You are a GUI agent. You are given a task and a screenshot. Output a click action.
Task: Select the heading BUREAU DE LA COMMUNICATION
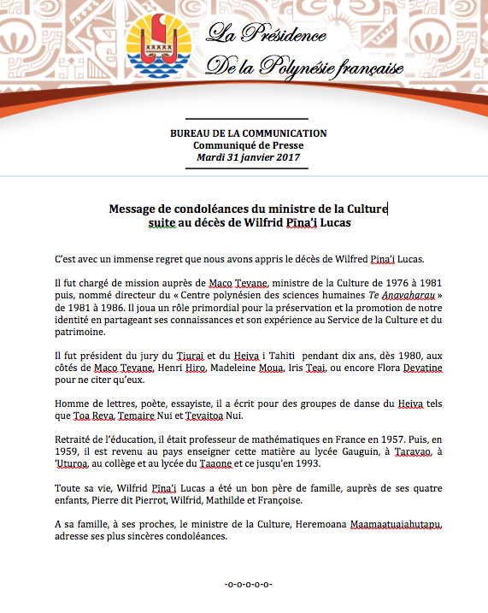click(248, 133)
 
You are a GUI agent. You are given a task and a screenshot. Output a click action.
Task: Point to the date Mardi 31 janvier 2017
click(248, 157)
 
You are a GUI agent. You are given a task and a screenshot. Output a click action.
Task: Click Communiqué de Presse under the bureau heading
click(248, 145)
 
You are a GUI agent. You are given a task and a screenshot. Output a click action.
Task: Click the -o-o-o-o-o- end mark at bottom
click(247, 584)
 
